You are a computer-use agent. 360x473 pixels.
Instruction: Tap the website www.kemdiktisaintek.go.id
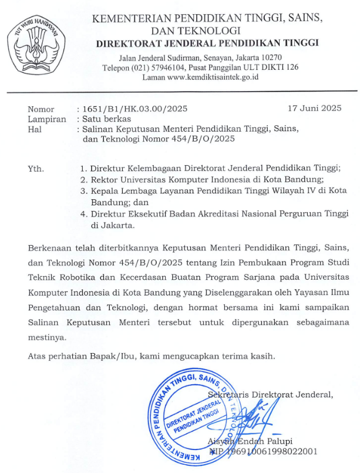(x=213, y=77)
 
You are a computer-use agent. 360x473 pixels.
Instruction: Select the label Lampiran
(x=47, y=119)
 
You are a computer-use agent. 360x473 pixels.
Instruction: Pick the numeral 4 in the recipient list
(x=83, y=213)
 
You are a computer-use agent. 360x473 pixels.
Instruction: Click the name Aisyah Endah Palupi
(x=250, y=441)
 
